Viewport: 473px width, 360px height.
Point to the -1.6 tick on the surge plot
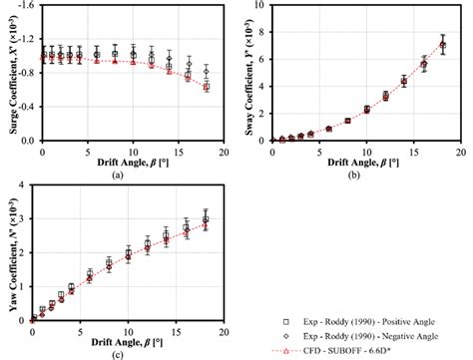(26, 5)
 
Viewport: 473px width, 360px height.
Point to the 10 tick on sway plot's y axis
(263, 5)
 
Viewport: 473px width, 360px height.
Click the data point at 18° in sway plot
(442, 45)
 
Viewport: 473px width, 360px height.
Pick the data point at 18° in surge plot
(207, 87)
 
